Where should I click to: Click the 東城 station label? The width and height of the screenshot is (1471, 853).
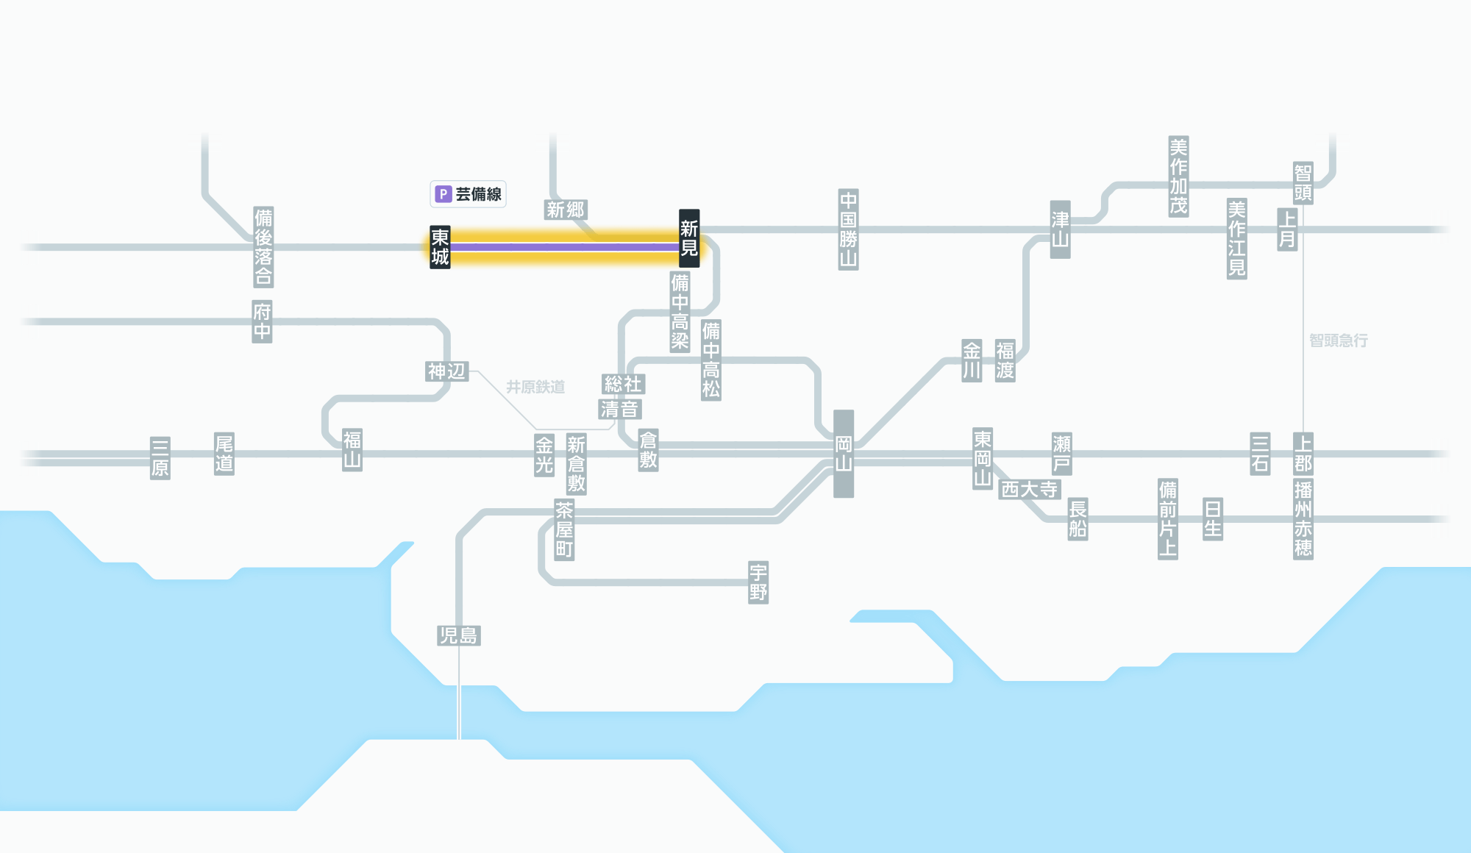[440, 247]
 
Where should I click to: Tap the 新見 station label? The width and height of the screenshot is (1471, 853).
[689, 238]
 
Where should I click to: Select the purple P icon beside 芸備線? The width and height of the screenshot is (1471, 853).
[443, 194]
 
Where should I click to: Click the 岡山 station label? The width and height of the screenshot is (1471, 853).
[844, 454]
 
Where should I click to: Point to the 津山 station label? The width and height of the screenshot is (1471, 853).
[1060, 229]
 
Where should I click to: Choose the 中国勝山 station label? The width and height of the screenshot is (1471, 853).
[848, 229]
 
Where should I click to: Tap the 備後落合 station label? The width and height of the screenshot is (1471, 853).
[263, 247]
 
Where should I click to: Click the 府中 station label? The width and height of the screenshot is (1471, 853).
[262, 321]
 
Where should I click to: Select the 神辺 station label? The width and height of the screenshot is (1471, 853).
[447, 371]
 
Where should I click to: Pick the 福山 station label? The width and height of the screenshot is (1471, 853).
[352, 450]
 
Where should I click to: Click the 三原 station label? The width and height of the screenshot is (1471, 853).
[160, 457]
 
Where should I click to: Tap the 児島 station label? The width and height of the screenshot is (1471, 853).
[458, 635]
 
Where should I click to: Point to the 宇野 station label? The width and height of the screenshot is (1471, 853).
[758, 582]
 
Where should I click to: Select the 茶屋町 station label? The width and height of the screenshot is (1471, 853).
[564, 529]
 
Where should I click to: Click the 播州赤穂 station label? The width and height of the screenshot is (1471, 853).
[1303, 519]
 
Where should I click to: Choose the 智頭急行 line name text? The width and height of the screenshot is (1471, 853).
[1339, 340]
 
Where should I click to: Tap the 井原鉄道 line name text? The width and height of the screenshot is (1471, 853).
[535, 387]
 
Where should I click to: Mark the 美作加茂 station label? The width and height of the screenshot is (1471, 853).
[1178, 176]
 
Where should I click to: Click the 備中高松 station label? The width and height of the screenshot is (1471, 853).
[710, 360]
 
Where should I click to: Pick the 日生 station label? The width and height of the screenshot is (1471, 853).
[1213, 519]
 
